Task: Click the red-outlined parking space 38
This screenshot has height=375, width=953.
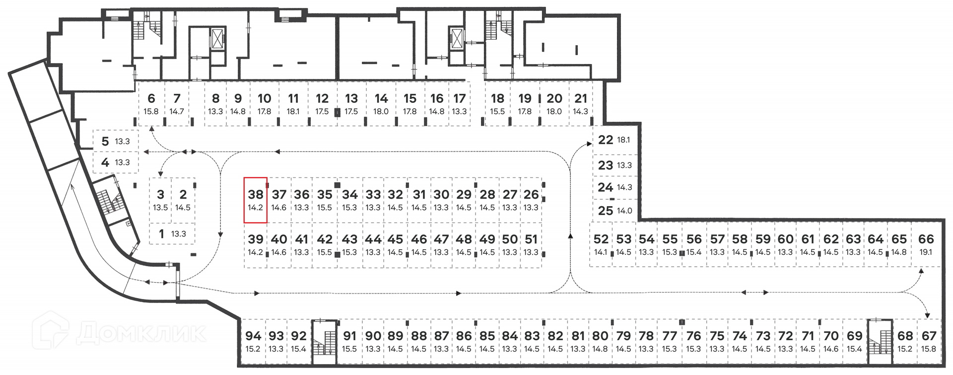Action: pyautogui.click(x=256, y=200)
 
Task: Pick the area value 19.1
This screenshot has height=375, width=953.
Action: pyautogui.click(x=926, y=252)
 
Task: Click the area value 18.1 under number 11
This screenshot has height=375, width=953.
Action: pyautogui.click(x=293, y=112)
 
